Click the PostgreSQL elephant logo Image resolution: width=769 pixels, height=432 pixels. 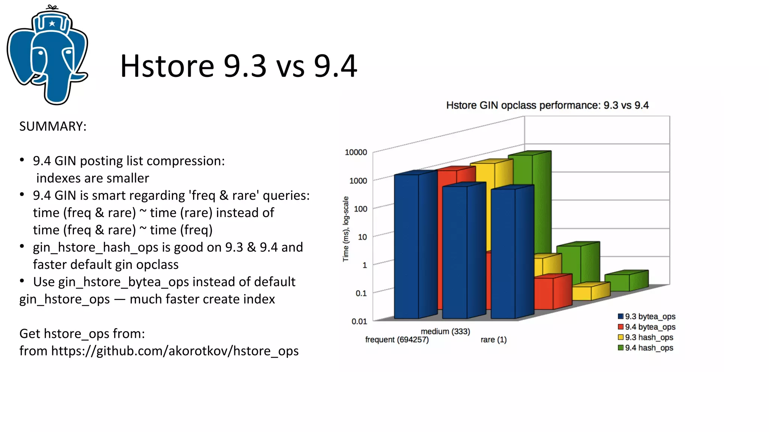[48, 56]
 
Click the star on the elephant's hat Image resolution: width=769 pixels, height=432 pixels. [52, 24]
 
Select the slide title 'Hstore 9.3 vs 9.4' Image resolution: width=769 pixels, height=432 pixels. [238, 66]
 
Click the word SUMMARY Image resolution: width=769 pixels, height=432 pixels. [53, 126]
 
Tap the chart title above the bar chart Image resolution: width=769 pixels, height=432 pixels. [547, 105]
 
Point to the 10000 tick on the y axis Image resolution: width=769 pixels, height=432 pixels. [356, 152]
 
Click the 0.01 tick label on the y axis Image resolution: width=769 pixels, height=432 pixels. [359, 321]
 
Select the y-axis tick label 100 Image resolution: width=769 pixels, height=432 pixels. [360, 209]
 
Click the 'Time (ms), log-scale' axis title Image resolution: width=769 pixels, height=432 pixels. [346, 229]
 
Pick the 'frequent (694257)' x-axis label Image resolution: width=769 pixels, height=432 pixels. [397, 340]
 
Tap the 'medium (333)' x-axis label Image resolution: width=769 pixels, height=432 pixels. [445, 331]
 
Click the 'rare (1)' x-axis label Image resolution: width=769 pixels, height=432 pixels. [493, 340]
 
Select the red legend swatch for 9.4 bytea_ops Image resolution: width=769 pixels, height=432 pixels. [621, 327]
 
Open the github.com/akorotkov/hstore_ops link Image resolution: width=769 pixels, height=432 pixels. [175, 351]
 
